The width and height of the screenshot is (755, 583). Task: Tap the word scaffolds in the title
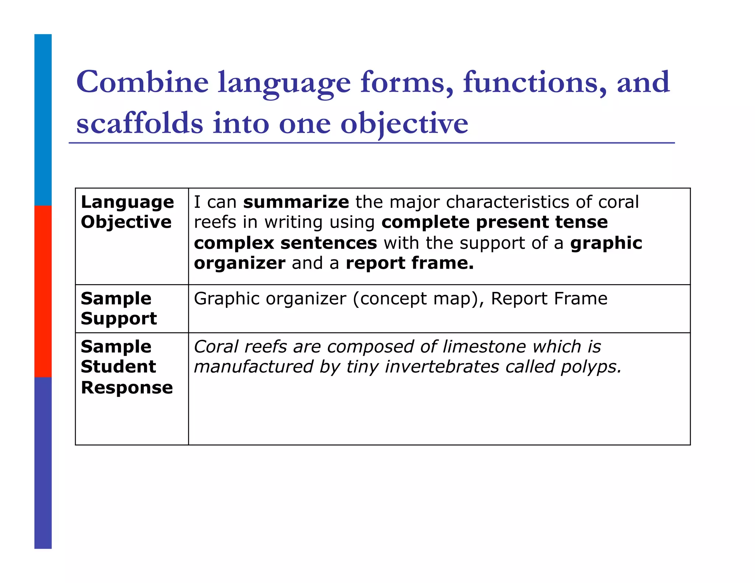point(140,123)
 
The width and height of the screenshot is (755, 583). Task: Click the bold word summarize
point(296,202)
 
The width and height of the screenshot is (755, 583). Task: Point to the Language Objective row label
point(127,212)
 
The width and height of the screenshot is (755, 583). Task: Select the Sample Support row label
point(119,308)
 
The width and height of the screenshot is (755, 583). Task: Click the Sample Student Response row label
point(126,367)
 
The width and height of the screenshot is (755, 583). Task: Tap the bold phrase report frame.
point(410,263)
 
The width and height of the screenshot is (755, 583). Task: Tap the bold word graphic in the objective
point(606,243)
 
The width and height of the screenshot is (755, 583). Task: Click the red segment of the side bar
point(43,291)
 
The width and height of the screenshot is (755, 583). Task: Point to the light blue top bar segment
point(43,120)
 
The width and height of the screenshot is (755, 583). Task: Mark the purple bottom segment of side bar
point(43,462)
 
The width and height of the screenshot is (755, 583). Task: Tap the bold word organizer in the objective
point(240,263)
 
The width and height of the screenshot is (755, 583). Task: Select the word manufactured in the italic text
point(254,367)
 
